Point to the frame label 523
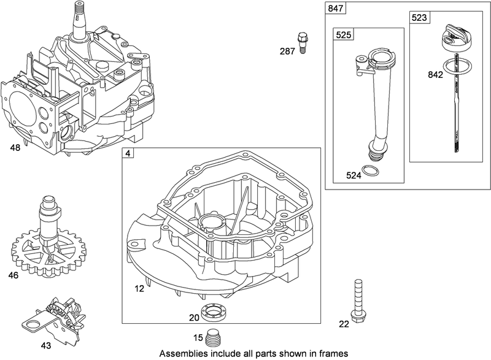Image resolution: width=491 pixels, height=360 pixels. [x=419, y=19]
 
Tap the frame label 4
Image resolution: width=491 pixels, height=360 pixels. [x=127, y=153]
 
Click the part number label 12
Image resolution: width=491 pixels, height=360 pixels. [x=141, y=287]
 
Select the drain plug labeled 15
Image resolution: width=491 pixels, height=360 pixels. [x=213, y=337]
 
